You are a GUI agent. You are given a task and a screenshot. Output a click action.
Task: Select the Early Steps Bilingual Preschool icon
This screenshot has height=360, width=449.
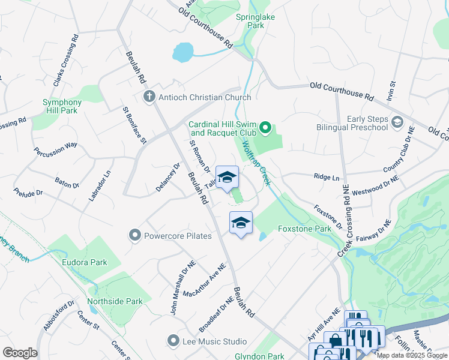(x=397, y=122)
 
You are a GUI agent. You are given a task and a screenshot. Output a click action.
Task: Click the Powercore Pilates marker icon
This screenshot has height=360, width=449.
(x=134, y=235)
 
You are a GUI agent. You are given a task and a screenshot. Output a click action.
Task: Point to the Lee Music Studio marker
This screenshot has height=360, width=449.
(x=173, y=341)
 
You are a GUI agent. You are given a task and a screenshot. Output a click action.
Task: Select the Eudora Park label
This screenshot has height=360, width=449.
(x=84, y=262)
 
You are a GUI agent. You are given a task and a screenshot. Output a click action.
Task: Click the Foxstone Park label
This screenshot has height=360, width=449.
(x=304, y=229)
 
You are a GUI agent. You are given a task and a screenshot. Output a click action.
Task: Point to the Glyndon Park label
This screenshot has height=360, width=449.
(x=258, y=356)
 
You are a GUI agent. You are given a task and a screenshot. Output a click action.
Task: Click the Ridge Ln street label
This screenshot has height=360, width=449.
(x=326, y=178)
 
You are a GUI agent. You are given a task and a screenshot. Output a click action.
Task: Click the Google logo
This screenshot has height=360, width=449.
(x=20, y=352)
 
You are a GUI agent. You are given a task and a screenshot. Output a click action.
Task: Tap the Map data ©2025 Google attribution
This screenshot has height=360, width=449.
(x=412, y=355)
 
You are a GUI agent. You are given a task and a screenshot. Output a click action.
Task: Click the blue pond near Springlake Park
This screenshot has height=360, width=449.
(x=183, y=52)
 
